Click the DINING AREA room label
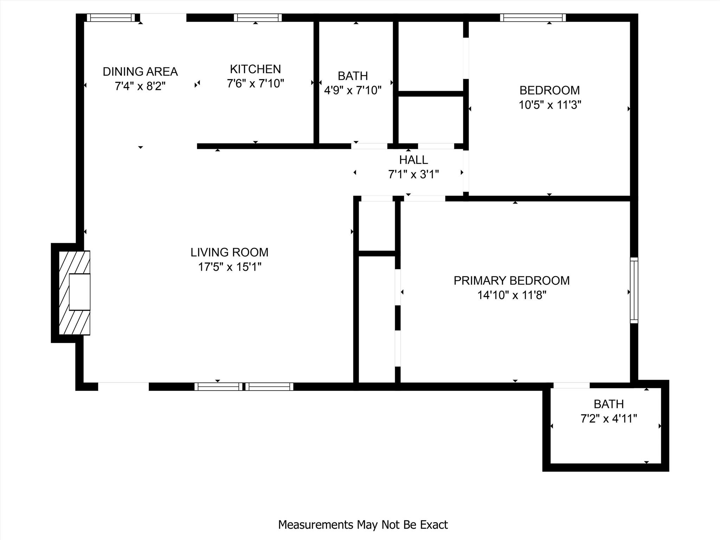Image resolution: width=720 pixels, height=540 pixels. (140, 72)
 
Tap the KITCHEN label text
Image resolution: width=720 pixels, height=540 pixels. (255, 69)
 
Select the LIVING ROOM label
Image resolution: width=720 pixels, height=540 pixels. (229, 252)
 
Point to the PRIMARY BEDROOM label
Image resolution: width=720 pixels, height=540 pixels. (512, 281)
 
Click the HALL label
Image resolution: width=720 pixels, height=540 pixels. (413, 160)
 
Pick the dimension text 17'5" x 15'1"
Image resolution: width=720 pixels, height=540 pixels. (230, 267)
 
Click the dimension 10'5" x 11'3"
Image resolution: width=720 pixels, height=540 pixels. (550, 105)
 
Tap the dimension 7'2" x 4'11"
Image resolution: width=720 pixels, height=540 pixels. (609, 419)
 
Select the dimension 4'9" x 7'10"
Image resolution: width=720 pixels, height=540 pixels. (353, 90)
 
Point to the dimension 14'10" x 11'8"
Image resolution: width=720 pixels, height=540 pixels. (512, 295)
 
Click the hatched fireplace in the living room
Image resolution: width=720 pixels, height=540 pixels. (74, 292)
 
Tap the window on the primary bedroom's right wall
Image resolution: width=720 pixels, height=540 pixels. (634, 290)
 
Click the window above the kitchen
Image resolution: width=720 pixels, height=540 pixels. (258, 18)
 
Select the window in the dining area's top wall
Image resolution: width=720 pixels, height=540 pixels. (111, 18)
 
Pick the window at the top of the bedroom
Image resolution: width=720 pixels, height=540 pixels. (533, 18)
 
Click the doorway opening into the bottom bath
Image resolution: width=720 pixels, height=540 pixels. (571, 386)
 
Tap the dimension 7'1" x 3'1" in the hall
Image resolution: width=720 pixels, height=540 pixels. (413, 174)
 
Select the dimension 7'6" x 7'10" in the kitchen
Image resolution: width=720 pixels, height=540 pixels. (255, 84)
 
